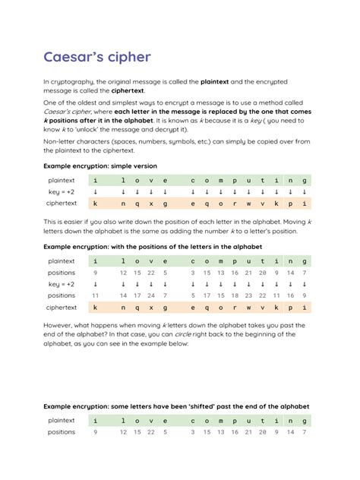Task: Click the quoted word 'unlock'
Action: [x=90, y=130]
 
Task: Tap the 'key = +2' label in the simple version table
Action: [x=61, y=192]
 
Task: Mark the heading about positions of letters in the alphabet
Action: [x=152, y=247]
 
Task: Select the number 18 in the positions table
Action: [x=234, y=295]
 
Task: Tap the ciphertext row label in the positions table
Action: [x=61, y=308]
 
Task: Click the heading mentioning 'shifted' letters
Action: [x=176, y=406]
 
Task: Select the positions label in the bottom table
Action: [x=61, y=432]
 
